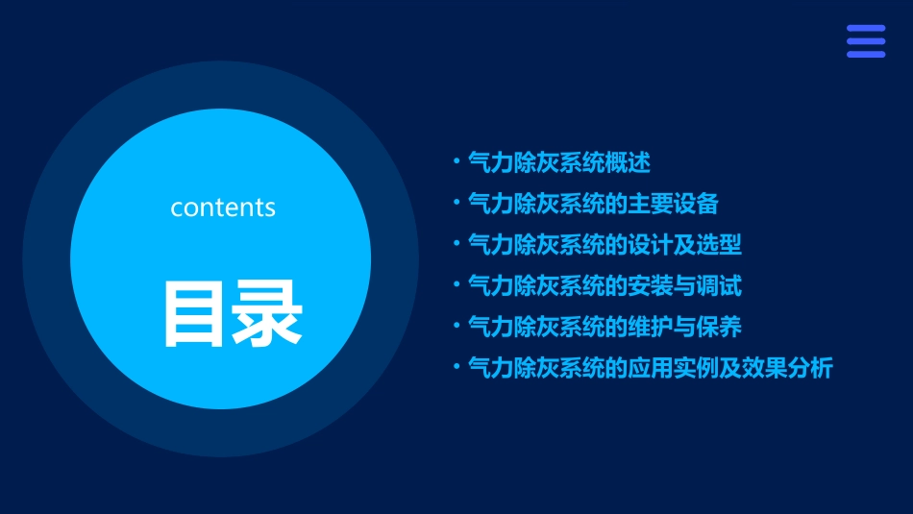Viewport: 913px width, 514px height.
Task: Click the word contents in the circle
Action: pos(223,208)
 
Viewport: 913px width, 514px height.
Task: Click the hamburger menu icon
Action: pos(865,41)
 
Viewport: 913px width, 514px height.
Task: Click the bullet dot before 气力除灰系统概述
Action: pos(456,163)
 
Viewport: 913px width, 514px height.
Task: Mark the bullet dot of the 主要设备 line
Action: pos(456,204)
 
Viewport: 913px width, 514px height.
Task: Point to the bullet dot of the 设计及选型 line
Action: pos(456,245)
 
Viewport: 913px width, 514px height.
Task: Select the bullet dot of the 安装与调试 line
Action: pos(456,286)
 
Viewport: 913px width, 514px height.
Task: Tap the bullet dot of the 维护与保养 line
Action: pos(456,327)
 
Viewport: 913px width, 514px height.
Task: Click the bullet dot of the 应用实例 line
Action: pos(456,368)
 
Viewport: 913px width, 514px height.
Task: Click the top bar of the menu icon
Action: pos(865,28)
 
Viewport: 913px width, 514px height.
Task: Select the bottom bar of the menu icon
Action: pos(865,55)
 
